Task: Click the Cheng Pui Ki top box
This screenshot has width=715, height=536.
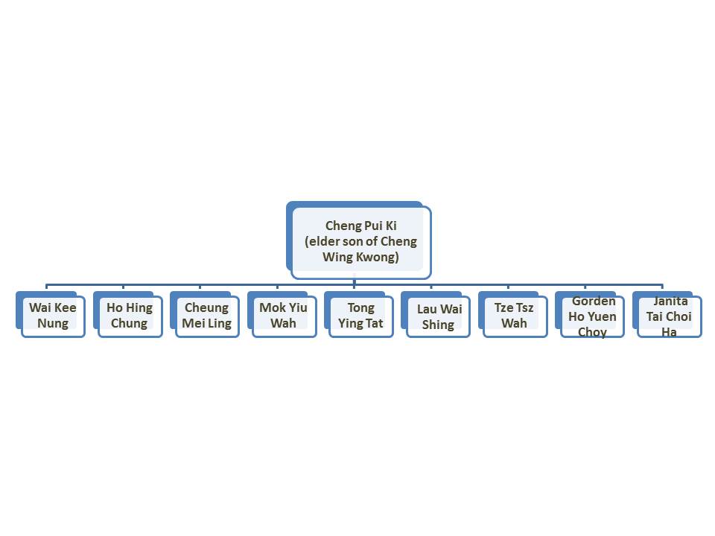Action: pos(359,240)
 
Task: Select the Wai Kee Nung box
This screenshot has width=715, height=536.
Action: pos(51,314)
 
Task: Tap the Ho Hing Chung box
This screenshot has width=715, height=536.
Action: pos(127,314)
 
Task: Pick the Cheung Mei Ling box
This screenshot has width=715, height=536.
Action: pos(205,314)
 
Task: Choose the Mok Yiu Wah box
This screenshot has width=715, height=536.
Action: pos(282,314)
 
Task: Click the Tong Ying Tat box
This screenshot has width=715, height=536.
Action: pos(359,314)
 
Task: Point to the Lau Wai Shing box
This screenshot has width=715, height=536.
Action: pos(436,314)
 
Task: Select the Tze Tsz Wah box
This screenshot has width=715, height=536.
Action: pos(513,314)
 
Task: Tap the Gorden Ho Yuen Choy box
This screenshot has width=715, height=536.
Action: pos(590,314)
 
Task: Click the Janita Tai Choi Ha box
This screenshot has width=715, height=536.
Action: pos(667,314)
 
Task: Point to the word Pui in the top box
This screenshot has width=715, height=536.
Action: pos(373,226)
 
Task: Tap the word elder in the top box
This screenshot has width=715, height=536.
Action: pos(324,241)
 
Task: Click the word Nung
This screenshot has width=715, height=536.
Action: pos(53,324)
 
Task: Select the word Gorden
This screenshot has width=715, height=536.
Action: pos(594,301)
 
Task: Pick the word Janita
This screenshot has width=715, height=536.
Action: pos(670,301)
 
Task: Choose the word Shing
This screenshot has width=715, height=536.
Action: pos(438,325)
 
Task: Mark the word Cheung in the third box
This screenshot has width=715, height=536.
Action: pos(206,308)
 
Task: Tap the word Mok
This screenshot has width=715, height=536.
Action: pos(272,307)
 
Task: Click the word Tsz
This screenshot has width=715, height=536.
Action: pos(525,307)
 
